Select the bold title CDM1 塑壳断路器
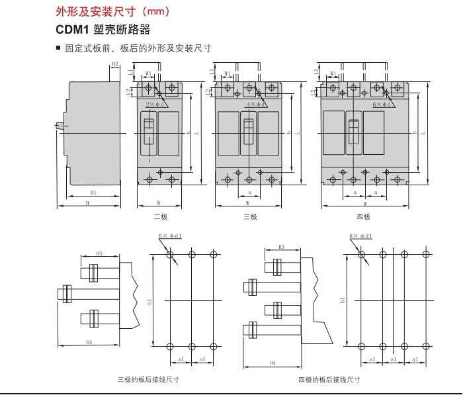[103, 30]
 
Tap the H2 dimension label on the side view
[114, 64]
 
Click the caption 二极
[160, 217]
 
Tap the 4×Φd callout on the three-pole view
[255, 105]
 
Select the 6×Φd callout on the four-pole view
[382, 105]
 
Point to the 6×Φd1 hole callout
[170, 236]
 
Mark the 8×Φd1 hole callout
[360, 236]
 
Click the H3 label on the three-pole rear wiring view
[99, 253]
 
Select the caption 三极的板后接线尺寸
[148, 380]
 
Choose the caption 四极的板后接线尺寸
[329, 380]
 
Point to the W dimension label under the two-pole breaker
[159, 202]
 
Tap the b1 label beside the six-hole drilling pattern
[150, 302]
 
